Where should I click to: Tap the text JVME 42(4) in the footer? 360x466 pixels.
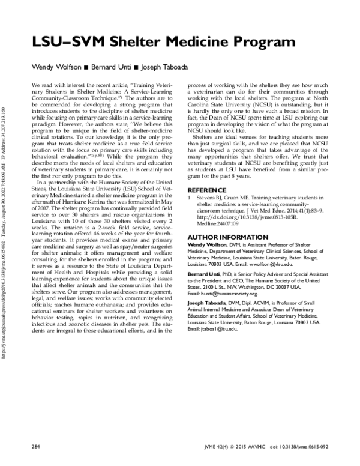click(214, 448)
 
